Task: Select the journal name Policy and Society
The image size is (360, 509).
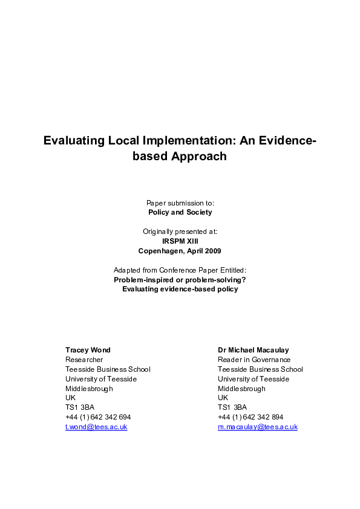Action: click(180, 212)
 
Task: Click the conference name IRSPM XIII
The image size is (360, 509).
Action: click(180, 241)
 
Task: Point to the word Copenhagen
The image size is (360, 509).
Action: click(165, 250)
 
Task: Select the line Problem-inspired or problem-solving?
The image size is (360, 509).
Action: click(180, 279)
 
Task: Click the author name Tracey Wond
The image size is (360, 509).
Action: click(88, 350)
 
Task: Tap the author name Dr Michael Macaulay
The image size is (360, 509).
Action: click(254, 350)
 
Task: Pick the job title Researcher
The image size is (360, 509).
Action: click(84, 360)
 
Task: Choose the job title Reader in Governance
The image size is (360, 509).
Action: click(254, 360)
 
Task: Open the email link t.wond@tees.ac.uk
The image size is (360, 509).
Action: click(96, 427)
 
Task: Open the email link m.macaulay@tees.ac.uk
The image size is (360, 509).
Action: click(258, 427)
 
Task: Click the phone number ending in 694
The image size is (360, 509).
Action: click(98, 417)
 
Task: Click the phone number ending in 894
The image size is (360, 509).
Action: click(250, 417)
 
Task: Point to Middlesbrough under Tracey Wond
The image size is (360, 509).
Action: click(89, 389)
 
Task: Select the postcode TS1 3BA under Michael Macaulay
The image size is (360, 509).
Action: click(232, 407)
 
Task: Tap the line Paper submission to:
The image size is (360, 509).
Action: click(180, 203)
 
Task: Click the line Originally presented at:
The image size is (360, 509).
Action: click(180, 231)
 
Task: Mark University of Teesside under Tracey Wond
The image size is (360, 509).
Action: click(101, 379)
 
